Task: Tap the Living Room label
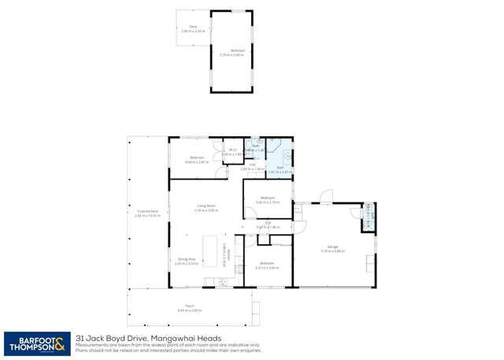tap(206, 208)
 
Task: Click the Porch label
tap(190, 309)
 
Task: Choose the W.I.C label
tap(231, 153)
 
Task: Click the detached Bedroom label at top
tap(238, 51)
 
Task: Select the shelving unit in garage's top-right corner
tap(368, 217)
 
